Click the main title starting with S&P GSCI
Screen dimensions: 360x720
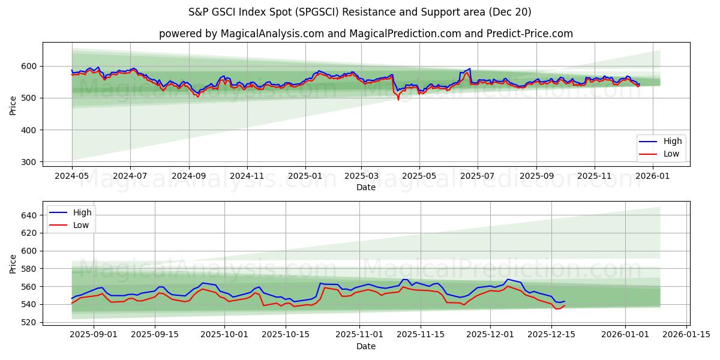tap(359, 12)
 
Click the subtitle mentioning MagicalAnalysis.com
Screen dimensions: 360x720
tap(365, 34)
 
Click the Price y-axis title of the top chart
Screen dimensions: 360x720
tap(13, 106)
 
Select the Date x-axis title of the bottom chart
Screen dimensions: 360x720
tap(365, 346)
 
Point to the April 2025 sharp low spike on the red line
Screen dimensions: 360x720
tap(398, 99)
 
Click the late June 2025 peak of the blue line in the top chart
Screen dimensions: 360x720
tap(470, 68)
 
